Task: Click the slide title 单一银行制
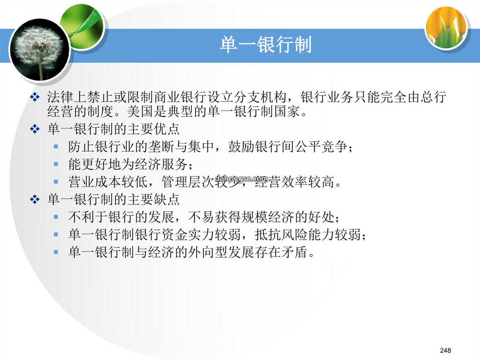[x=265, y=45]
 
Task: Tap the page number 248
[x=445, y=350]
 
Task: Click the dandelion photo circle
[x=39, y=49]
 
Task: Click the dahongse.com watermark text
[x=241, y=178]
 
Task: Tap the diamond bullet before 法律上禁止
[x=35, y=97]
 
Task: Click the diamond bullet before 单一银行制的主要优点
[x=35, y=129]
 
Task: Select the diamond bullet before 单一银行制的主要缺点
[x=35, y=200]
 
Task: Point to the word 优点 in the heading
[x=167, y=129]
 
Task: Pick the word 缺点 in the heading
[x=167, y=200]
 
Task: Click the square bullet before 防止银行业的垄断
[x=56, y=147]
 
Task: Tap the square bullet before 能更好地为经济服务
[x=56, y=164]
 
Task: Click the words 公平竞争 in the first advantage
[x=321, y=147]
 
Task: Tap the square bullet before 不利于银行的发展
[x=56, y=217]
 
